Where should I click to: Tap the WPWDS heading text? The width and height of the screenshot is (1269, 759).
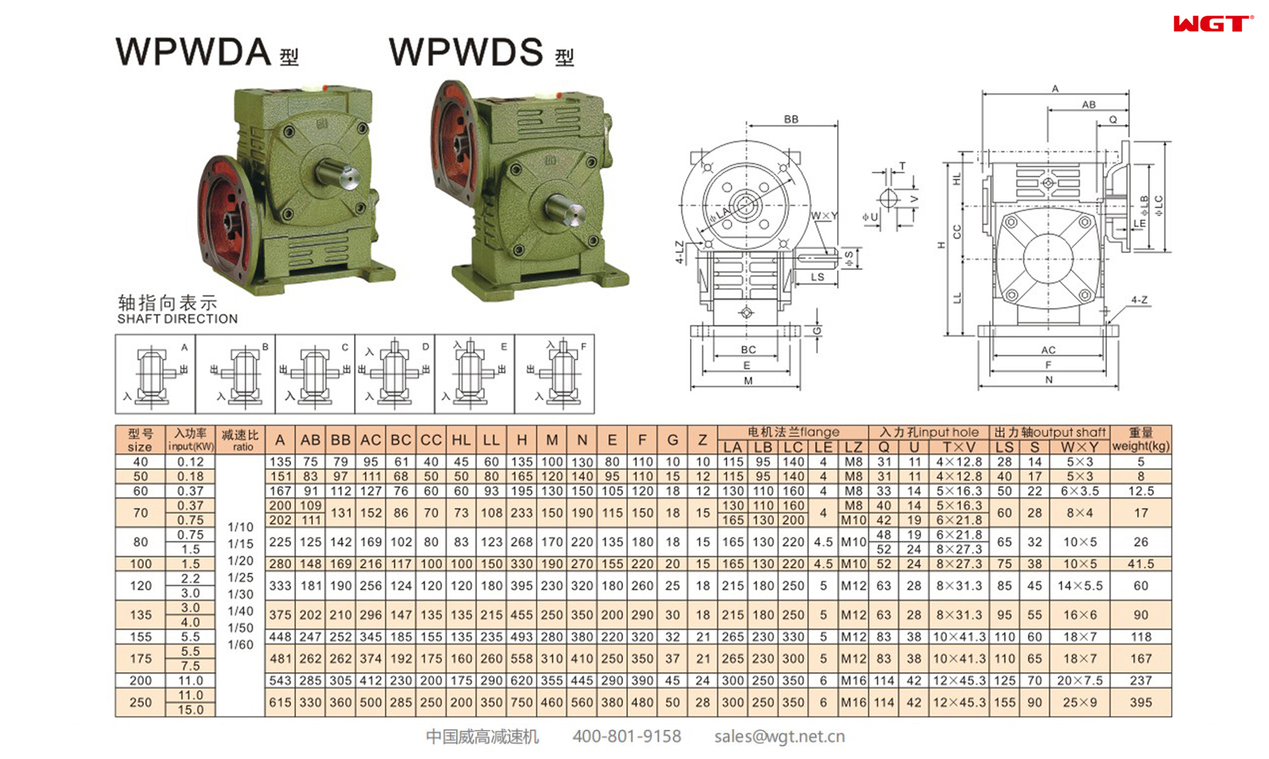(x=466, y=52)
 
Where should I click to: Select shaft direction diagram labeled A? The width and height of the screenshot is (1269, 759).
(x=155, y=374)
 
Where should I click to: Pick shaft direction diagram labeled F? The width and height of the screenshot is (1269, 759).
(x=554, y=374)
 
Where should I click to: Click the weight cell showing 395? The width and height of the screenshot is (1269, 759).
(x=1140, y=702)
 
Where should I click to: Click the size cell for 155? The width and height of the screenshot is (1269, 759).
(x=140, y=637)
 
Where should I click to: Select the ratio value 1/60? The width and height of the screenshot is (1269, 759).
(x=241, y=645)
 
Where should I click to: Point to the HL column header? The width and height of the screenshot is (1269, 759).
(x=461, y=440)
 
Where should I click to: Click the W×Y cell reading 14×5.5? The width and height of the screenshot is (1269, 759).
(x=1079, y=586)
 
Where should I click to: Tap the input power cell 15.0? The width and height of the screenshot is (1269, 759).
(x=190, y=710)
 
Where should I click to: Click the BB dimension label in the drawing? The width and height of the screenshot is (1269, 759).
(x=791, y=119)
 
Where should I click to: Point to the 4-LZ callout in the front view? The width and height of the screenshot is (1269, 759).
(x=680, y=252)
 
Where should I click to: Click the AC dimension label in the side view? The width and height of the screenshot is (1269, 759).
(x=1048, y=350)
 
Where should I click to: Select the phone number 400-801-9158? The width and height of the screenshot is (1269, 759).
(x=626, y=736)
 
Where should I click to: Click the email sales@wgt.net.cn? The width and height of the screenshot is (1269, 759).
(x=779, y=736)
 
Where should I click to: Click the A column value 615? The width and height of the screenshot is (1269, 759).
(x=280, y=702)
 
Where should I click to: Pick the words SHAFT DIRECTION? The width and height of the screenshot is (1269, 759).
(x=177, y=319)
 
